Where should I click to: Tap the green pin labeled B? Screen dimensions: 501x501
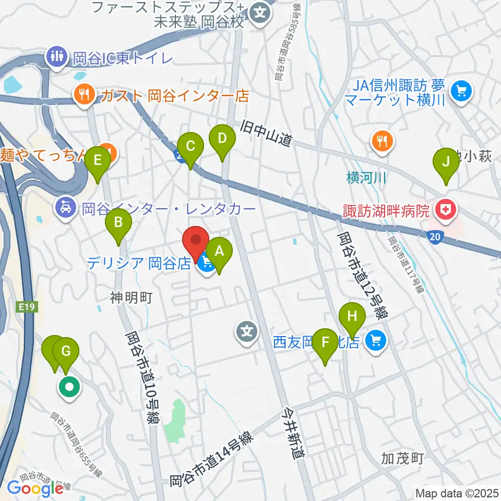coord(118,224)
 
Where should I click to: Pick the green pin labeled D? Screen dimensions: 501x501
coord(222,139)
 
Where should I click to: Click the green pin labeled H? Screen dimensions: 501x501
coord(352,317)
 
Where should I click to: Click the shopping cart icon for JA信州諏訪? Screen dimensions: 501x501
coord(461,92)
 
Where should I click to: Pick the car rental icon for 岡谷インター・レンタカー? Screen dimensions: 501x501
coord(65,209)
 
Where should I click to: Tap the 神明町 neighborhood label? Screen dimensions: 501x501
coord(131,297)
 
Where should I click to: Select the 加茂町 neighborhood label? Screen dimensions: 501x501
coord(402,459)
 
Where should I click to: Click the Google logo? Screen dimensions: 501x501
coord(35,488)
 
